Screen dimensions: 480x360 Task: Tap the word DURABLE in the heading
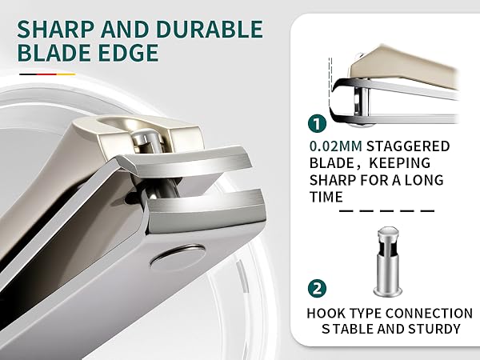210,30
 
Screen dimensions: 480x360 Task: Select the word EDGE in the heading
128,53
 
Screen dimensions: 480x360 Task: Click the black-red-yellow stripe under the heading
47,74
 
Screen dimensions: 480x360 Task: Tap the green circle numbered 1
317,124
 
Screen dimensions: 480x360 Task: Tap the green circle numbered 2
317,288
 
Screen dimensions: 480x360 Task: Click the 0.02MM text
336,146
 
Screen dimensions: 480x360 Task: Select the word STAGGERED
408,146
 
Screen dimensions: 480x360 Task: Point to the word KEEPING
400,163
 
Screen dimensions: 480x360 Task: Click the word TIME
326,197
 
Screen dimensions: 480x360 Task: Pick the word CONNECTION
429,314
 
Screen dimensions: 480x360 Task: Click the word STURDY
434,329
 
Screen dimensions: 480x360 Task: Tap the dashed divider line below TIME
387,211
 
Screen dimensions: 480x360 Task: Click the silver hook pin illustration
387,262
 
